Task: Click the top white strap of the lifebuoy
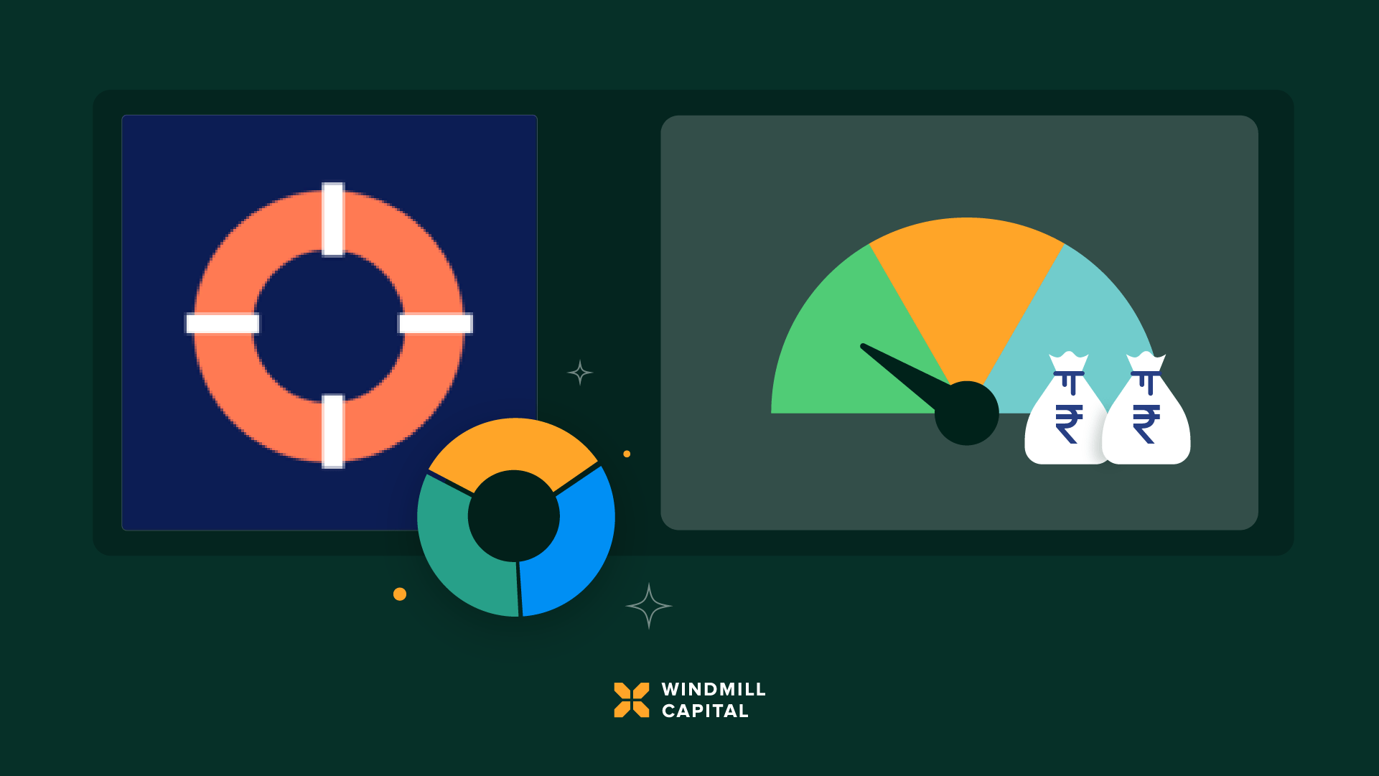(x=332, y=220)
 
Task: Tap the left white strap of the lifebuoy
(x=223, y=324)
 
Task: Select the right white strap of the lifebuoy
(x=435, y=324)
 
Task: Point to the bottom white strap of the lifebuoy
(x=332, y=431)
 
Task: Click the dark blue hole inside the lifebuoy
(x=329, y=325)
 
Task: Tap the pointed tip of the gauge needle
(x=863, y=346)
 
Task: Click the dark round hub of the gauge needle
(x=966, y=413)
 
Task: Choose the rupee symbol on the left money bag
(x=1069, y=424)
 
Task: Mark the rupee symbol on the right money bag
(x=1146, y=424)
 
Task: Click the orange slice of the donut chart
(x=514, y=445)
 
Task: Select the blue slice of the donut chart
(x=574, y=546)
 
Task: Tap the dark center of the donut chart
(x=514, y=516)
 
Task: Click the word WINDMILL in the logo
(x=714, y=689)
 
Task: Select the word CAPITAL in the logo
(x=705, y=711)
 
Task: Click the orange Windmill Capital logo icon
(x=632, y=700)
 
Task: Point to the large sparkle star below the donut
(x=649, y=606)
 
